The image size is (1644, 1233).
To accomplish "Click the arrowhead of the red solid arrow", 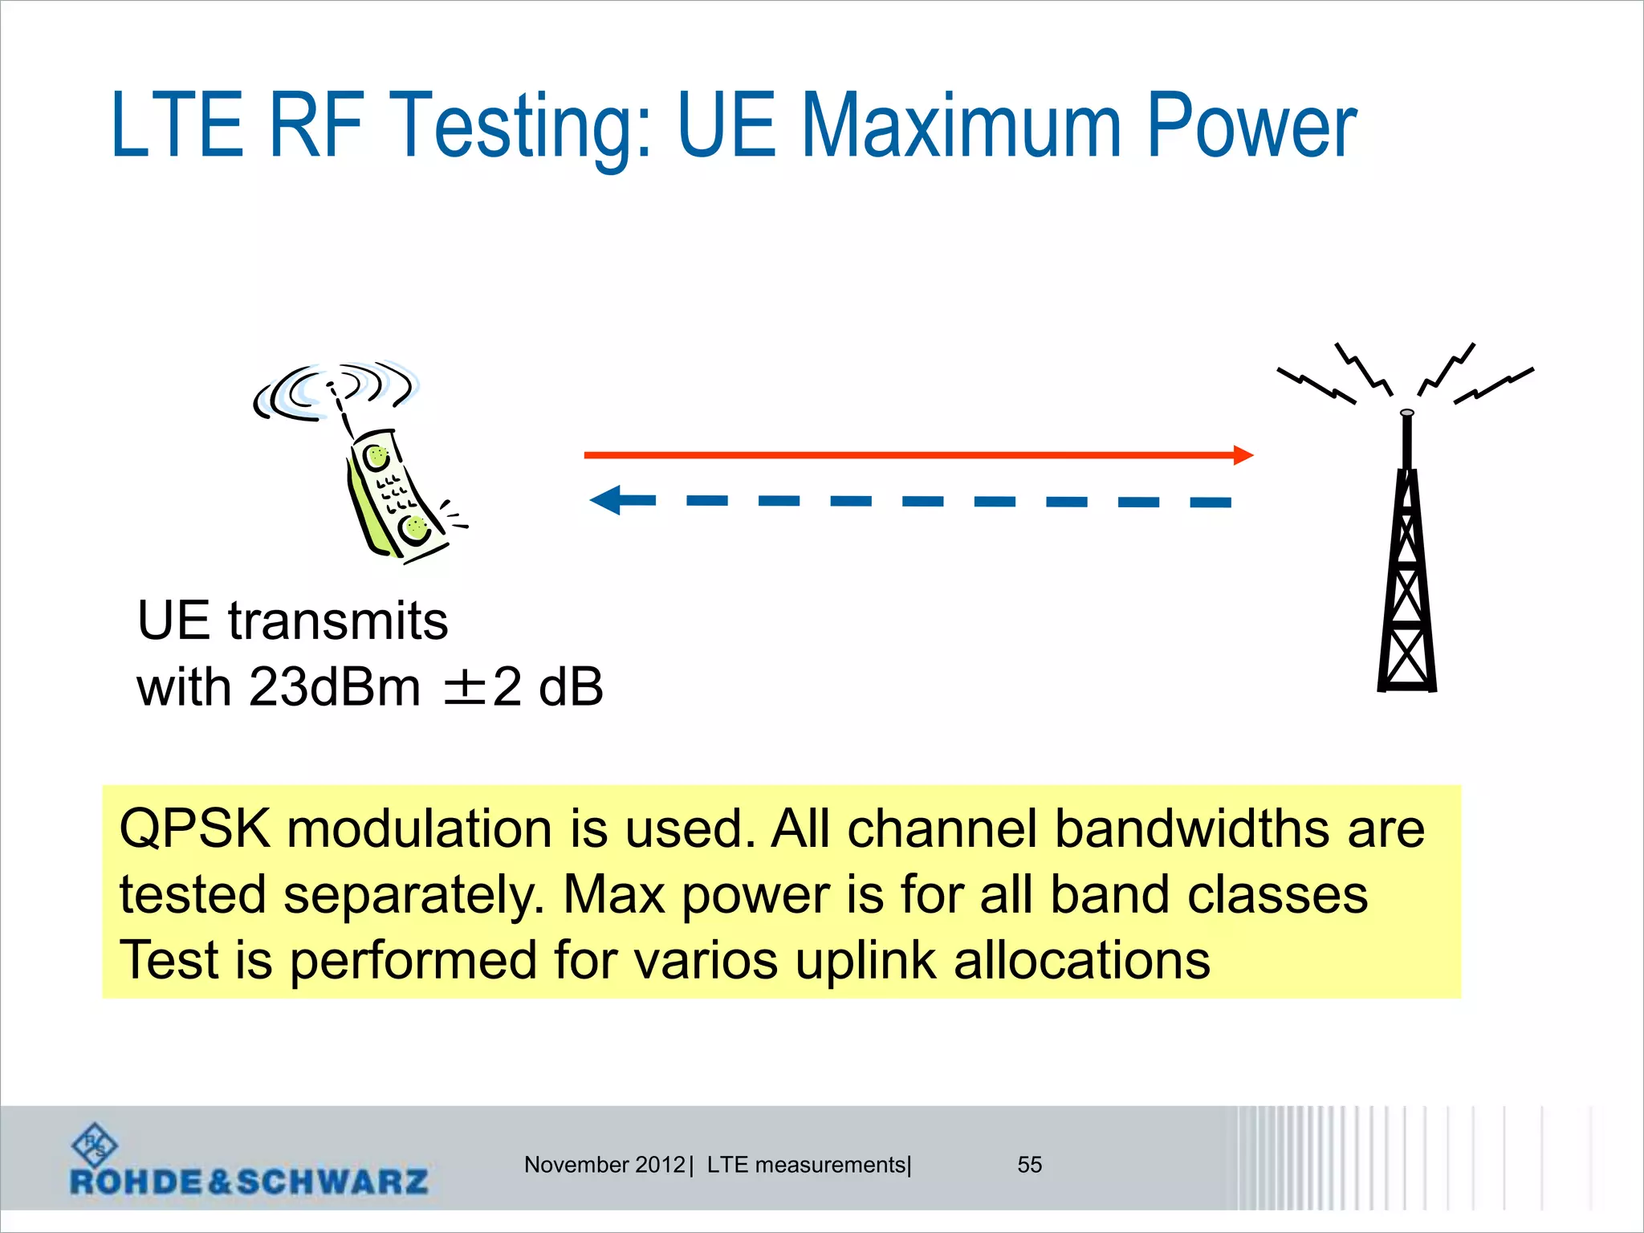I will pyautogui.click(x=1242, y=455).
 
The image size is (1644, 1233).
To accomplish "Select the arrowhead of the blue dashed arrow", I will pyautogui.click(x=607, y=500).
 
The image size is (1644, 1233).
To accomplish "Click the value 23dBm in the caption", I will pyautogui.click(x=334, y=687).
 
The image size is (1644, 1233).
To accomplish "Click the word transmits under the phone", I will pyautogui.click(x=338, y=621).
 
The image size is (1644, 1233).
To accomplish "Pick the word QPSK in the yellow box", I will pyautogui.click(x=194, y=828).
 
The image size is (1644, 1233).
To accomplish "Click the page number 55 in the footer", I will pyautogui.click(x=1029, y=1165).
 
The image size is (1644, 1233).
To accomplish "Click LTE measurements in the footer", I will pyautogui.click(x=806, y=1165).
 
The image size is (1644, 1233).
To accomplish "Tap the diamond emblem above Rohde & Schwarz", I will pyautogui.click(x=95, y=1145).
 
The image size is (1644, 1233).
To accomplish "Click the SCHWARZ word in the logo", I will pyautogui.click(x=332, y=1182).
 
